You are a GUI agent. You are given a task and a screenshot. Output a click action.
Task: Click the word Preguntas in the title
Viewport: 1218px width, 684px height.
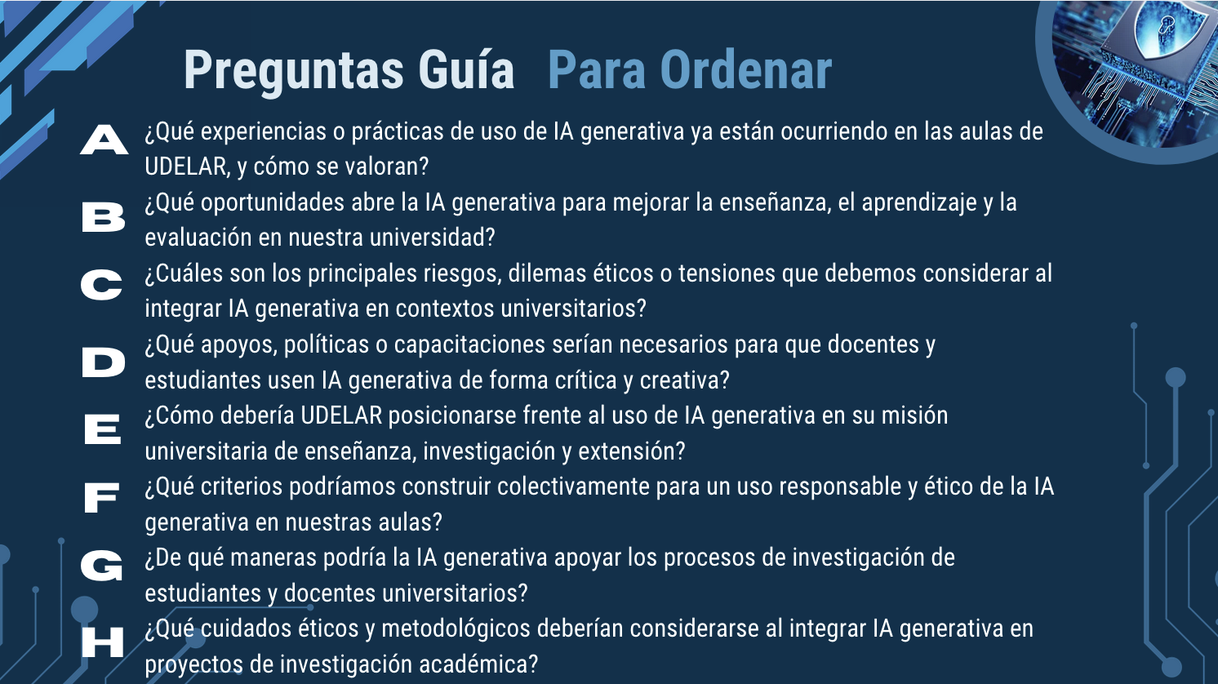(x=294, y=72)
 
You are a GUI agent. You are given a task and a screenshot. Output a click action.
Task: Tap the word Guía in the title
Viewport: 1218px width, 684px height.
(x=466, y=69)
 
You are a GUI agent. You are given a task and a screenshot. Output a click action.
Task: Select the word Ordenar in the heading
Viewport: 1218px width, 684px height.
(x=746, y=70)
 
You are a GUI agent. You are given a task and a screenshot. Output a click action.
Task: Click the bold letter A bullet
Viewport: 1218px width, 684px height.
(x=104, y=140)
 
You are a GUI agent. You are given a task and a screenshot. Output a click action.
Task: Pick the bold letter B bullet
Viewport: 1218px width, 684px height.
(x=104, y=217)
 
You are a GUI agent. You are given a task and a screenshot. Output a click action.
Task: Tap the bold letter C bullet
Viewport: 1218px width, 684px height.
(x=102, y=285)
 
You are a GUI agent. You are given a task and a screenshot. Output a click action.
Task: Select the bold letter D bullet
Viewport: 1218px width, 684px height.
(x=104, y=362)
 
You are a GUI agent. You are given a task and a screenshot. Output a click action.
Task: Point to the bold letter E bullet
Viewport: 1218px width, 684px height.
(x=102, y=429)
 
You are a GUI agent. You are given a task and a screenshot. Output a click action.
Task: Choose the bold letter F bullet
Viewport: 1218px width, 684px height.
(x=102, y=498)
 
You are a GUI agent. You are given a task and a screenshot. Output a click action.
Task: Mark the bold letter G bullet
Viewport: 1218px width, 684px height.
(x=102, y=565)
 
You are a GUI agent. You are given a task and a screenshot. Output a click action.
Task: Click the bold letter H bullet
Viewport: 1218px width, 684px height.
(x=102, y=642)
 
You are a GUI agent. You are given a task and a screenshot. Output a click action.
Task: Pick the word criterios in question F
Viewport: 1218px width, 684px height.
(x=242, y=487)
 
